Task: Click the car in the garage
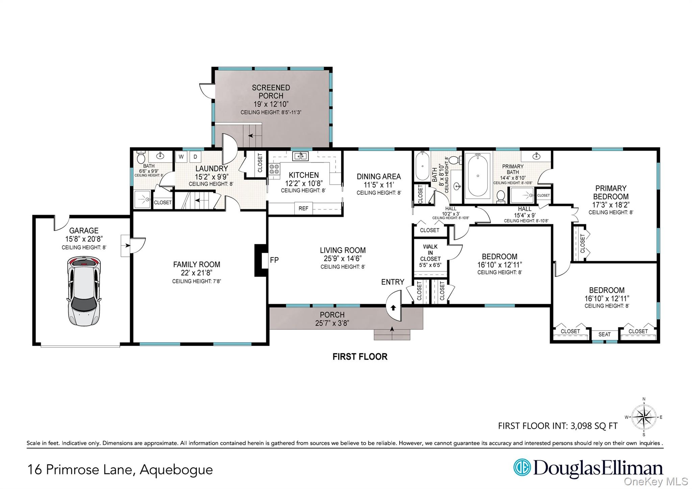pyautogui.click(x=83, y=291)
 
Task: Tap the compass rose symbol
pyautogui.click(x=644, y=417)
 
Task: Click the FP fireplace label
pyautogui.click(x=274, y=260)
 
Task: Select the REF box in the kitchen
pyautogui.click(x=303, y=208)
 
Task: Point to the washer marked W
pyautogui.click(x=181, y=156)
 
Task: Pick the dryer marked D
pyautogui.click(x=195, y=156)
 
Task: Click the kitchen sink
pyautogui.click(x=300, y=156)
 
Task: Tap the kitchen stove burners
pyautogui.click(x=274, y=169)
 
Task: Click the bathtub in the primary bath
pyautogui.click(x=477, y=176)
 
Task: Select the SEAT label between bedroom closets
pyautogui.click(x=604, y=334)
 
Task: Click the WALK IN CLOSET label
pyautogui.click(x=430, y=253)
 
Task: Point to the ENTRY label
pyautogui.click(x=393, y=282)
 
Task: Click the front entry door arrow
pyautogui.click(x=393, y=308)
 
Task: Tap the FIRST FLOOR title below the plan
pyautogui.click(x=360, y=357)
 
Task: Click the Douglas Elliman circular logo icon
pyautogui.click(x=522, y=467)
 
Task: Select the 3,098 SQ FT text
pyautogui.click(x=594, y=426)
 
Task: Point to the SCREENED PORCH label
pyautogui.click(x=271, y=92)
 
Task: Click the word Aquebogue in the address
pyautogui.click(x=176, y=470)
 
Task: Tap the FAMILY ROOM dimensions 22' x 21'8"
pyautogui.click(x=196, y=273)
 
